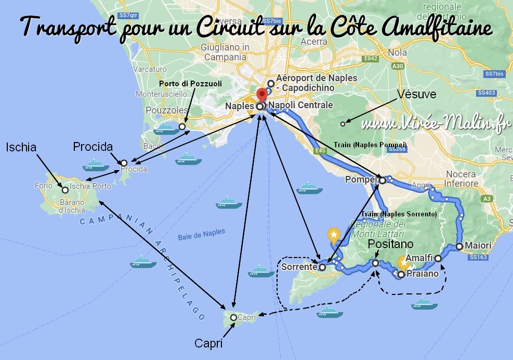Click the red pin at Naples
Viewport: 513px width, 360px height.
point(262,96)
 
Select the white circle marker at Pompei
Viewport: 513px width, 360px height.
point(383,181)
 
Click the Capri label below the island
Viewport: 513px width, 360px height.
point(208,344)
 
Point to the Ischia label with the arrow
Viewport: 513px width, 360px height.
point(21,148)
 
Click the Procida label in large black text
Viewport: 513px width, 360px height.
point(94,147)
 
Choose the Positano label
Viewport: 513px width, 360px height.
point(390,244)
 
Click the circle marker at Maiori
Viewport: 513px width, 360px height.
point(459,246)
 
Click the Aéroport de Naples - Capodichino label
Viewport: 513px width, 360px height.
point(317,83)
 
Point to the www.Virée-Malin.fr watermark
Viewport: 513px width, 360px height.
point(434,125)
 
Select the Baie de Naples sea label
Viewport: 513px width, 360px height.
point(200,237)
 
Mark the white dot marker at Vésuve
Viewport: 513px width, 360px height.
point(343,123)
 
